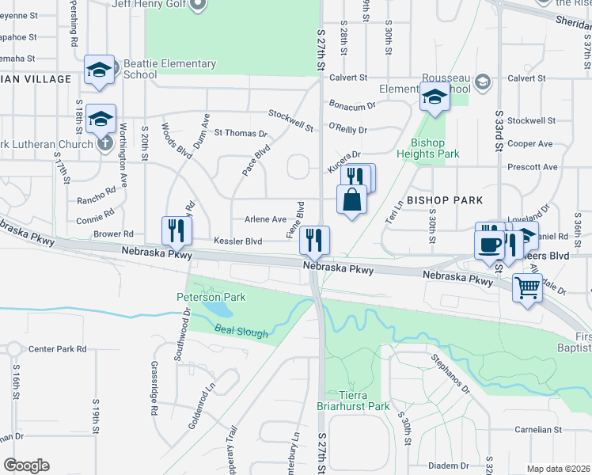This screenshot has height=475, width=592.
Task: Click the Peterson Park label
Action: point(211,297)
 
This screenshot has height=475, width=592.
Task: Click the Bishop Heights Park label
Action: point(435,148)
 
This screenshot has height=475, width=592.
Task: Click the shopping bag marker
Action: point(352,200)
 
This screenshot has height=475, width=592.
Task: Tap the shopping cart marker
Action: point(527,288)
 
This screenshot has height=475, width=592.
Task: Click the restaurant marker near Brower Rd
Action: point(176,230)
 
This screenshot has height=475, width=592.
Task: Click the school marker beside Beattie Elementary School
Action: point(100,70)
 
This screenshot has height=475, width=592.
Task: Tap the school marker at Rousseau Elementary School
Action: point(434,98)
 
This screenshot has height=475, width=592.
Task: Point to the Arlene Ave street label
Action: point(265,219)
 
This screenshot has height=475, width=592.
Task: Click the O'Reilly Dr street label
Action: point(348,129)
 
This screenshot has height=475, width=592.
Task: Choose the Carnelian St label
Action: point(537,430)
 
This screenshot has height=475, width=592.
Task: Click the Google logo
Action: point(26,465)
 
